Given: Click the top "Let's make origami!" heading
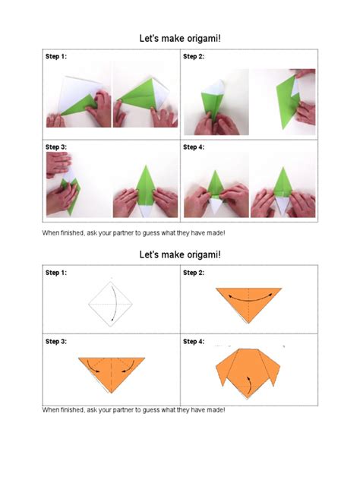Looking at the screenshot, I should pyautogui.click(x=179, y=36).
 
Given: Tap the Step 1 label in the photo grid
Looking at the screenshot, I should pyautogui.click(x=55, y=57).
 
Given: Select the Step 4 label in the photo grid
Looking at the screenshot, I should pyautogui.click(x=194, y=147).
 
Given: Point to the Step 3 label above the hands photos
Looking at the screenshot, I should pyautogui.click(x=55, y=147).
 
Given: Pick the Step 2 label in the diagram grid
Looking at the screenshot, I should pyautogui.click(x=194, y=273).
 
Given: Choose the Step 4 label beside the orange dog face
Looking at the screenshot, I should pyautogui.click(x=194, y=342).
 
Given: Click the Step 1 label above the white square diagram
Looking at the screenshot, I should pyautogui.click(x=55, y=273).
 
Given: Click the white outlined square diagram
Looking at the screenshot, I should pyautogui.click(x=111, y=303).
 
